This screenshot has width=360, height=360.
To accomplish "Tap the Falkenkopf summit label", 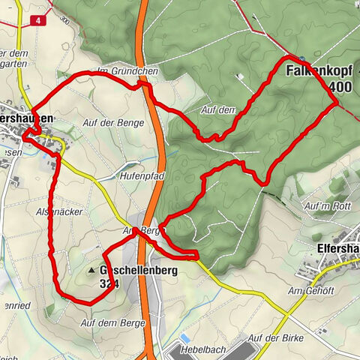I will (x=320, y=71).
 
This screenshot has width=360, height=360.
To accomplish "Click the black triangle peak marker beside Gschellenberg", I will (x=92, y=269).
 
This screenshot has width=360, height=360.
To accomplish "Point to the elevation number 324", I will (x=109, y=283).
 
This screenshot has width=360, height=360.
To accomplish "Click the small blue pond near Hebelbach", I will (x=184, y=338).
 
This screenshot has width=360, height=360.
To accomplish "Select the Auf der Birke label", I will (x=274, y=340).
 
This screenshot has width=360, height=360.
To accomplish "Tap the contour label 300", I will (x=67, y=23).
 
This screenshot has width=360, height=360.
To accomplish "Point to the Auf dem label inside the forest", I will (x=218, y=109).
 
